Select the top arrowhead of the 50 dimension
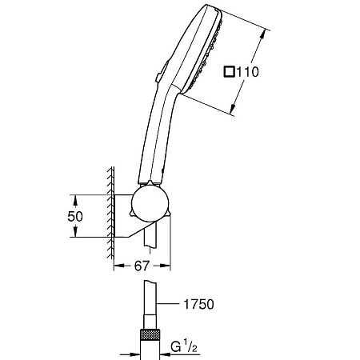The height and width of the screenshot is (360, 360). pos(74,196)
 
